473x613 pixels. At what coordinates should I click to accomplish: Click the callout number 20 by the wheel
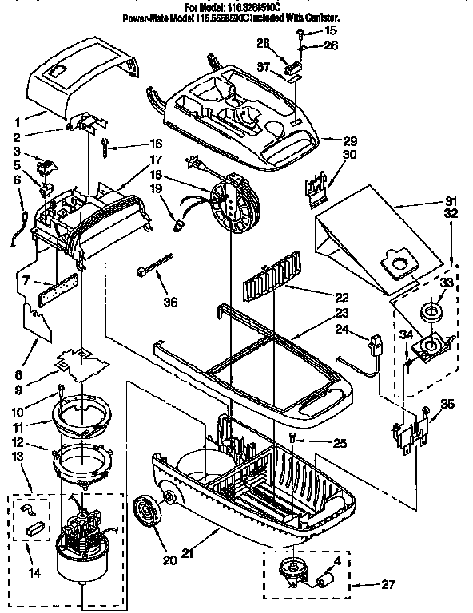coord(169,560)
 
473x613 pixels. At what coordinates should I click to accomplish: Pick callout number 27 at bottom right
coord(388,584)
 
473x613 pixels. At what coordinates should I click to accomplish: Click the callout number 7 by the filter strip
coord(27,281)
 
